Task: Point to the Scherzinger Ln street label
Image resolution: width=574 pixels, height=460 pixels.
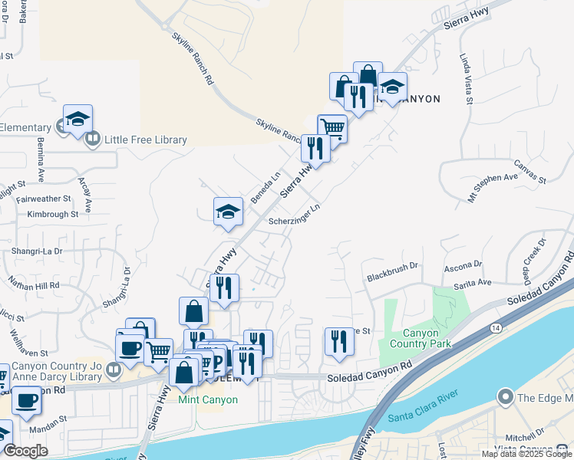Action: point(294,215)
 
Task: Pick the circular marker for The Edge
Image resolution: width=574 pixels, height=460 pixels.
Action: point(505,397)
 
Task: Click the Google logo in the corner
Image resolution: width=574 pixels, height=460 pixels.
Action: point(25,451)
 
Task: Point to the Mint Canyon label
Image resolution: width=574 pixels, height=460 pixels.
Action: point(208,399)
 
